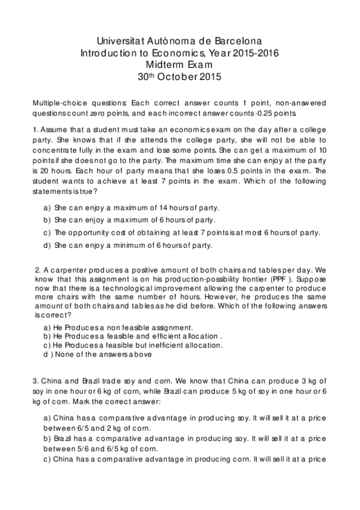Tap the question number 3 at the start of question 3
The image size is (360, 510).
click(x=36, y=380)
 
